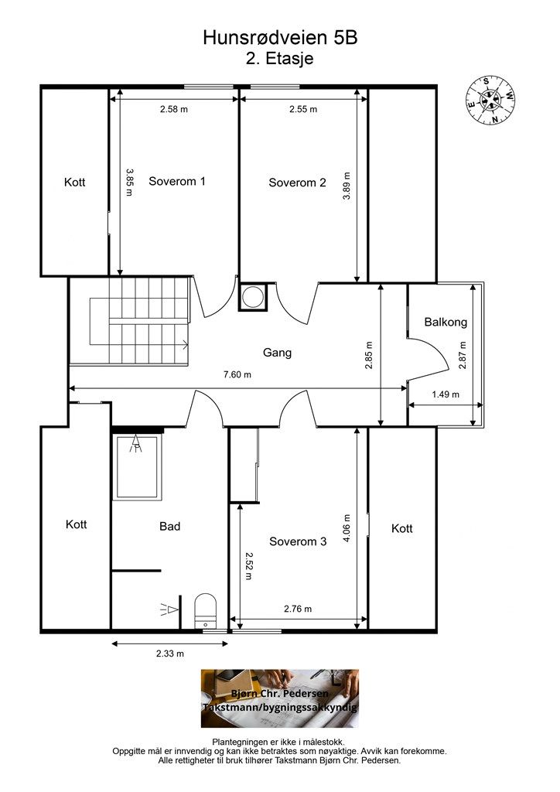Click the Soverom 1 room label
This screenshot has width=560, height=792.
(176, 181)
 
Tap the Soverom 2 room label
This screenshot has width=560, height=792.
(297, 183)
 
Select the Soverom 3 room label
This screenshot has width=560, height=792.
(298, 541)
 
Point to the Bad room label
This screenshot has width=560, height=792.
(169, 526)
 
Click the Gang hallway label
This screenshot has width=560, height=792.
(277, 353)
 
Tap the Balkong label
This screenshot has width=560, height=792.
(446, 322)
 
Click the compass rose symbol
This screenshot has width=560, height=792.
(490, 100)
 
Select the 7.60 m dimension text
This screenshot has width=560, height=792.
(237, 375)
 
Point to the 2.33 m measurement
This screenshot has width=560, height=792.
(169, 654)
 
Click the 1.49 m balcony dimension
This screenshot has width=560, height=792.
(446, 394)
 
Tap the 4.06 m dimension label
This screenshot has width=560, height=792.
(347, 528)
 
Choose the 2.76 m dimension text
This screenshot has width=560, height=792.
(298, 609)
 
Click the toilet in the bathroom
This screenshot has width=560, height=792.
(206, 611)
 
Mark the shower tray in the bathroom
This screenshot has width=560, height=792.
(138, 467)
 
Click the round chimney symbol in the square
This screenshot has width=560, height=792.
(252, 296)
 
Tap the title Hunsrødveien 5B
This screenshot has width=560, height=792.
(280, 38)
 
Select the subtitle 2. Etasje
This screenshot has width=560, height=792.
(280, 59)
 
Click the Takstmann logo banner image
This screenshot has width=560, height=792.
(280, 698)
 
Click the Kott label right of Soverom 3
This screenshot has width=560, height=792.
(402, 528)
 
